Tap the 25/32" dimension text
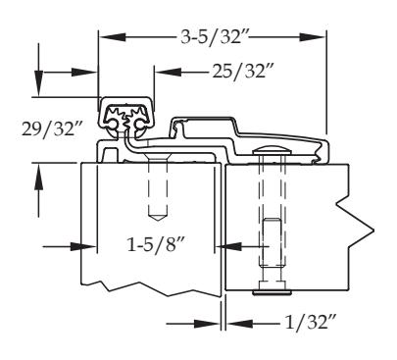pos(242,71)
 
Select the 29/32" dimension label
pos(52,129)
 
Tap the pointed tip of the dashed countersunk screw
pos(158,219)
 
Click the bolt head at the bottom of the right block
pos(272,292)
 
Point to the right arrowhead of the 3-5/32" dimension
pos(312,37)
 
